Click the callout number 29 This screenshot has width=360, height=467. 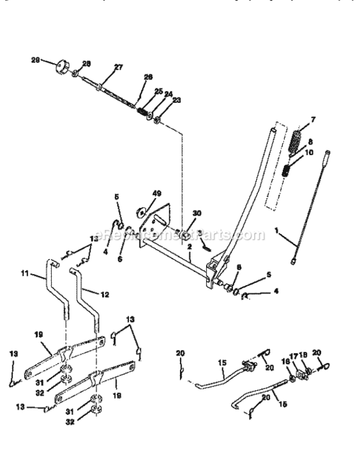[x=36, y=60]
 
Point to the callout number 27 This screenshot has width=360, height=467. [x=118, y=67]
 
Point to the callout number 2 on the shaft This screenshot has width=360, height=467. [x=189, y=247]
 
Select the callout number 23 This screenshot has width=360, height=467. [x=176, y=100]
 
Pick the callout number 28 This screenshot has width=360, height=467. [x=86, y=64]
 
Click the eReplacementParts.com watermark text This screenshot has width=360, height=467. [x=177, y=235]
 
